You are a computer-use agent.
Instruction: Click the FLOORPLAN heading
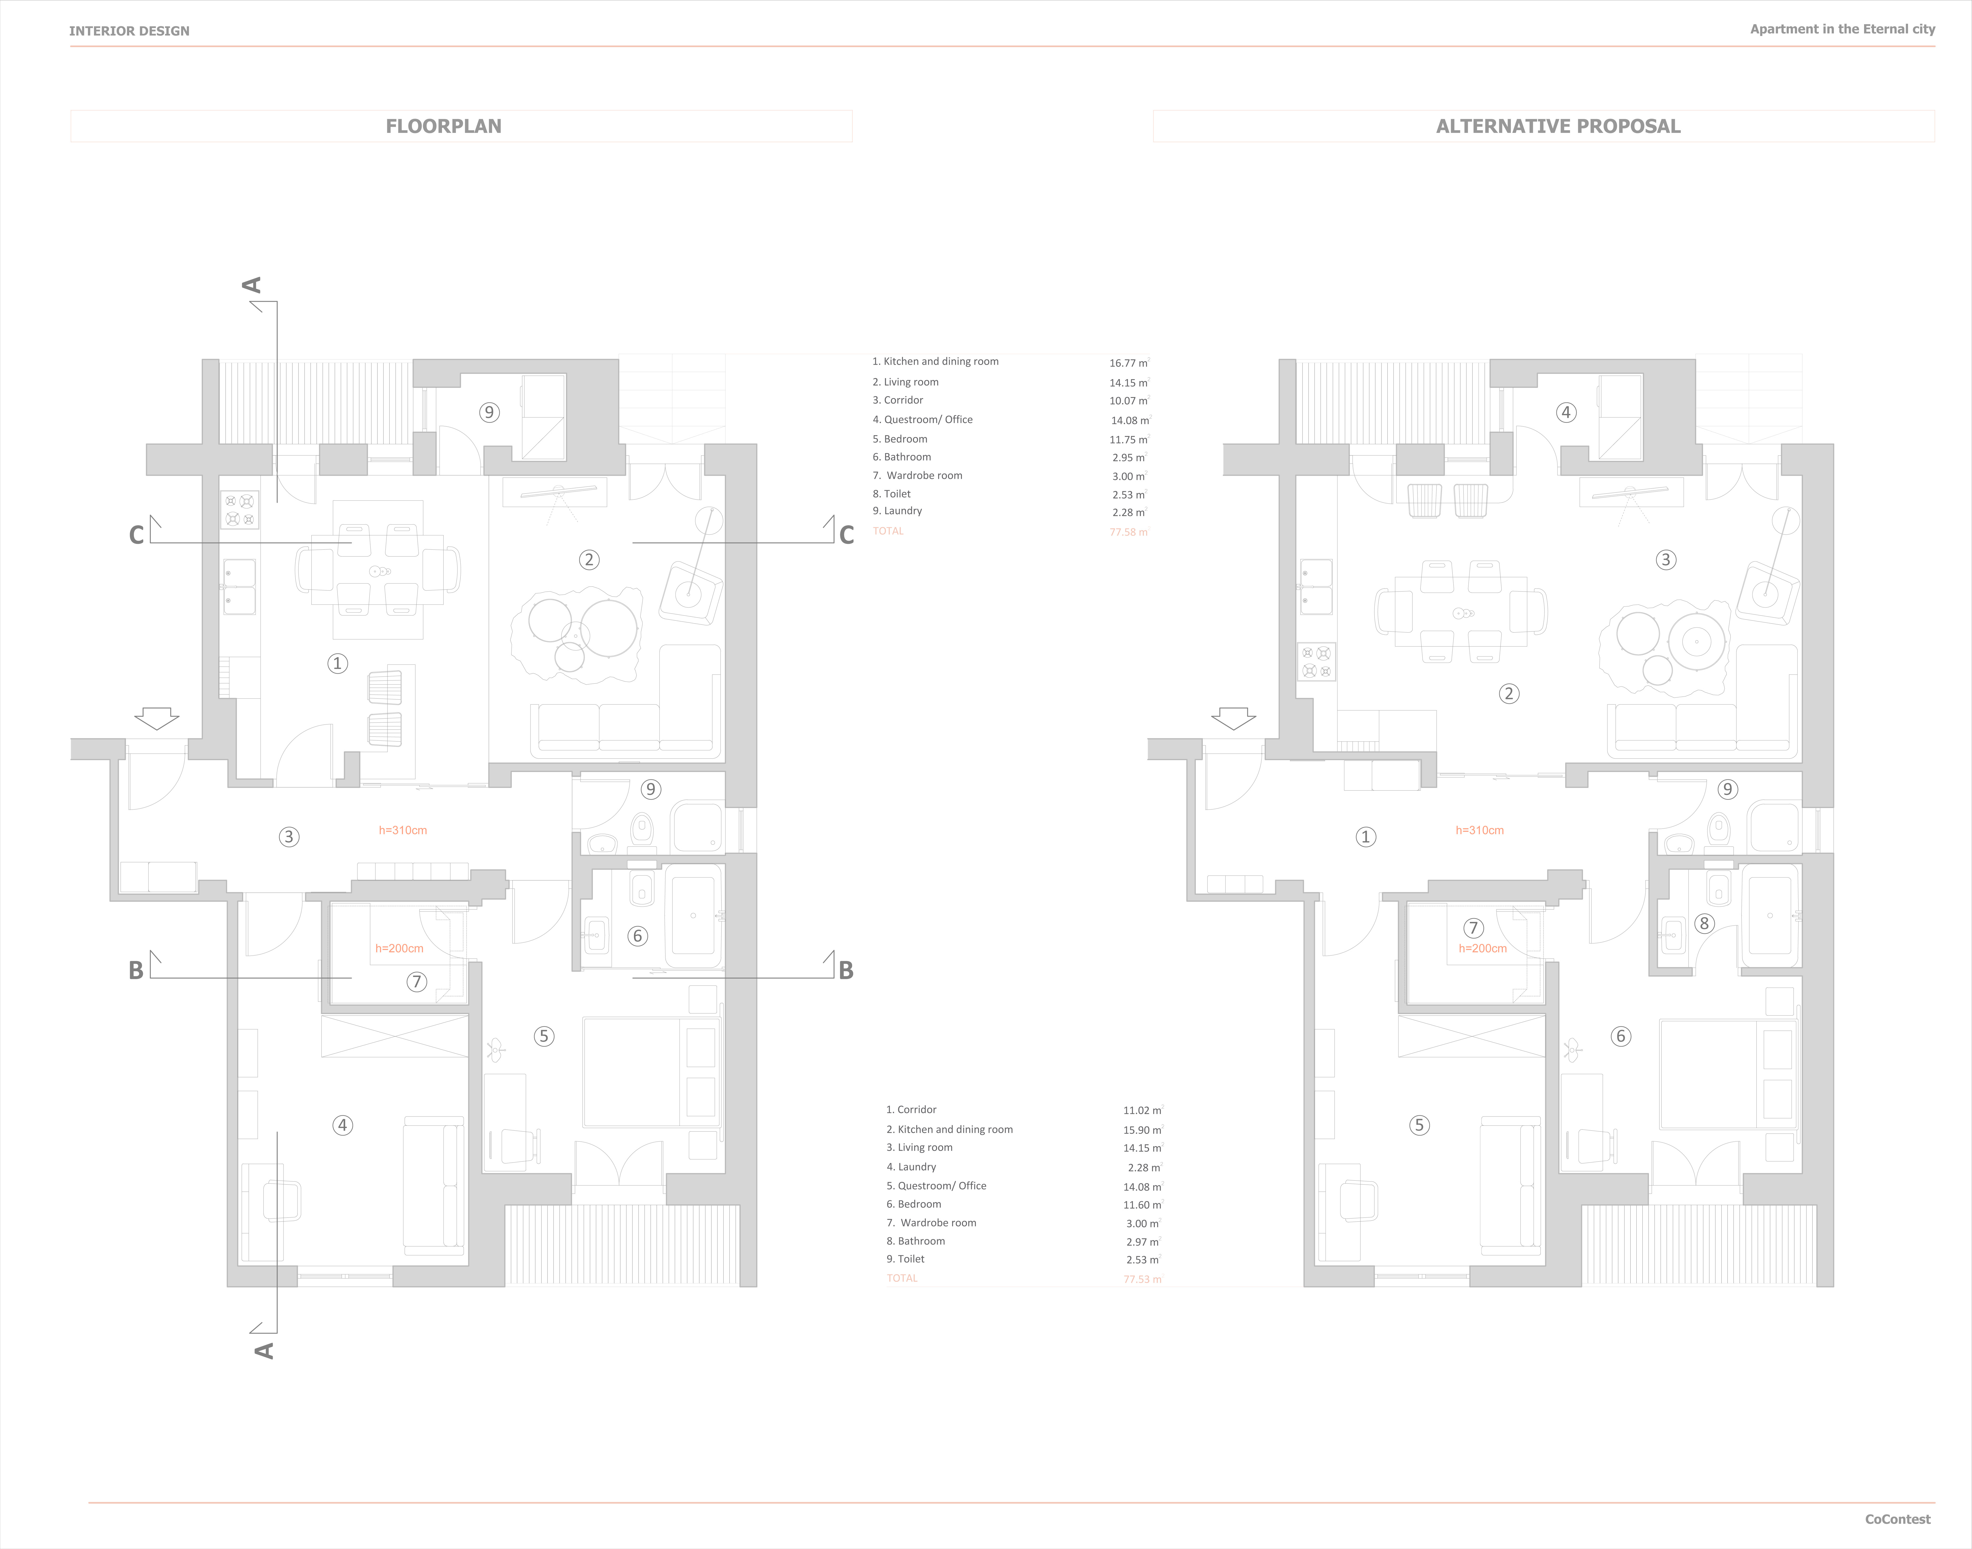pos(444,126)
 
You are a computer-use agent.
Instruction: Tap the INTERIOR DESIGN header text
pos(130,31)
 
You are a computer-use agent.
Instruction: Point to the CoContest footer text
pos(1898,1519)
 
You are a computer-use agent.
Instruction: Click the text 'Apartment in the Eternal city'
pos(1842,29)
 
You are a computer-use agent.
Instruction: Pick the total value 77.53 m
pos(1142,1279)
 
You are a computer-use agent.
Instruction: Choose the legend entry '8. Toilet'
pos(892,493)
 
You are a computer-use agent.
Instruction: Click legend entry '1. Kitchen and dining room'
pos(935,361)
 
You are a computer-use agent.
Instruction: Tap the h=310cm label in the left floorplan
pos(403,830)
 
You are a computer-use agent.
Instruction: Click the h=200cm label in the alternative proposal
pos(1482,949)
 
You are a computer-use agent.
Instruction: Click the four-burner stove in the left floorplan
pos(240,510)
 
